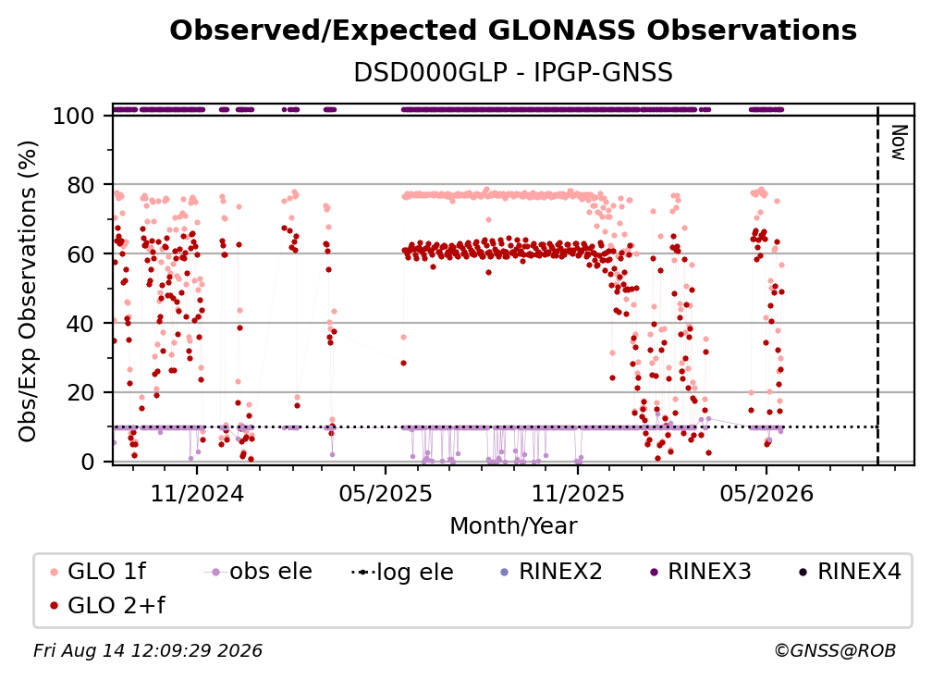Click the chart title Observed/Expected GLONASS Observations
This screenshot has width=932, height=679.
pyautogui.click(x=513, y=31)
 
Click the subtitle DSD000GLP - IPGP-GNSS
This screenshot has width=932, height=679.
pyautogui.click(x=513, y=73)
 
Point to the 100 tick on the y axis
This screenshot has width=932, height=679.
pyautogui.click(x=74, y=116)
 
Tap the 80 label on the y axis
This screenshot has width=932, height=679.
pyautogui.click(x=80, y=185)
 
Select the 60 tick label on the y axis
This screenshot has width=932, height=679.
pyautogui.click(x=80, y=254)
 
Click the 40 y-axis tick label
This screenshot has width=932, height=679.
pyautogui.click(x=80, y=324)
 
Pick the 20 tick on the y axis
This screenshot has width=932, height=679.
pyautogui.click(x=80, y=393)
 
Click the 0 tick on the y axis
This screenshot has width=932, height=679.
pyautogui.click(x=88, y=462)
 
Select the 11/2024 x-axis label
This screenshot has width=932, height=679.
pyautogui.click(x=197, y=493)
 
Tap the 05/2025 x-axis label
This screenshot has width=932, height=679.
pyautogui.click(x=386, y=493)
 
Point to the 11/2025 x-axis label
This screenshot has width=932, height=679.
pyautogui.click(x=578, y=493)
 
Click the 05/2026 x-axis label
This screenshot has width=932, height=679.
pyautogui.click(x=766, y=493)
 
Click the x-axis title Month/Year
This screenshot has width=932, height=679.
pyautogui.click(x=513, y=526)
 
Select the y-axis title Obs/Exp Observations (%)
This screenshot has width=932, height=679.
pyautogui.click(x=28, y=291)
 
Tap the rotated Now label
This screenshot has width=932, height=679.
pyautogui.click(x=899, y=142)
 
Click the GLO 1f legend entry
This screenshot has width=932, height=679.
pyautogui.click(x=98, y=572)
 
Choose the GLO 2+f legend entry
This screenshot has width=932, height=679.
pyautogui.click(x=107, y=606)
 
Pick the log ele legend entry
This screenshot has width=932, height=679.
pyautogui.click(x=402, y=572)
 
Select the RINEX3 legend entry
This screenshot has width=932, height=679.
pyautogui.click(x=702, y=572)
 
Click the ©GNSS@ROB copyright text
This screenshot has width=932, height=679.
pyautogui.click(x=835, y=651)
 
